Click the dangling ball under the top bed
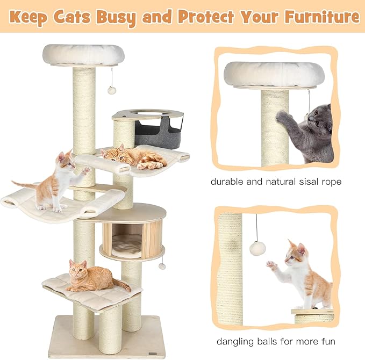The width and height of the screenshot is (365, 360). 112,90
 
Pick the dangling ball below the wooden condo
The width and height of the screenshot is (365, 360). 162,266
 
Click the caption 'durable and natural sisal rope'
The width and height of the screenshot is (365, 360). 276,182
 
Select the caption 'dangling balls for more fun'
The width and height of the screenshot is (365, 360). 276,341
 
